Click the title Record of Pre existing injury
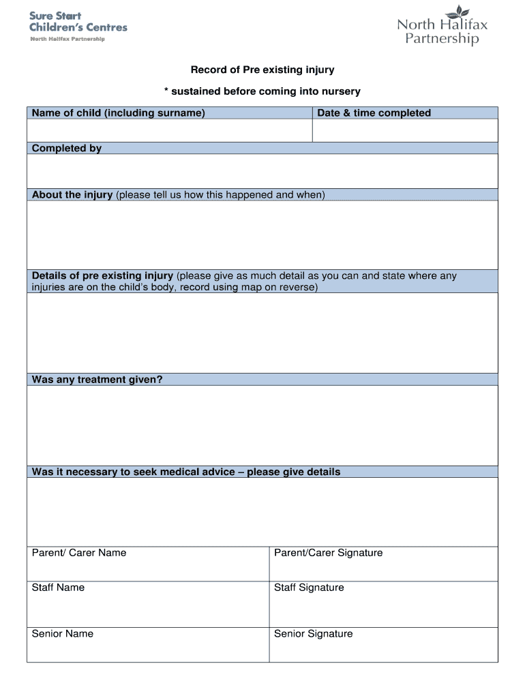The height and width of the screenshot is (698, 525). [x=262, y=70]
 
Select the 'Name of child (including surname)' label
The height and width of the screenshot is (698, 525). [x=118, y=113]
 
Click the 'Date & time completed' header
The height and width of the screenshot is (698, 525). [x=374, y=113]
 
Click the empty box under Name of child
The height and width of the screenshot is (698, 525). [x=169, y=130]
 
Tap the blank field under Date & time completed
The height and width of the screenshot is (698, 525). [x=405, y=130]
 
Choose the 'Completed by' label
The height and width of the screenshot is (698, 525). [x=67, y=149]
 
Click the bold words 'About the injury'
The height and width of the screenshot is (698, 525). [x=72, y=195]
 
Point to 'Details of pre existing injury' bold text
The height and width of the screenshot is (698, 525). [x=102, y=276]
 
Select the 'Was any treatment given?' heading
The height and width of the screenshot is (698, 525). [x=97, y=380]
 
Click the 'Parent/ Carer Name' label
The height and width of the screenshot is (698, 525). [x=79, y=553]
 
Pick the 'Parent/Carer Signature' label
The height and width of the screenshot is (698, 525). [x=328, y=553]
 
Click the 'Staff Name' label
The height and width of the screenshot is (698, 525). [x=58, y=588]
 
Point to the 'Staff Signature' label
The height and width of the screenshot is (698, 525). [x=309, y=588]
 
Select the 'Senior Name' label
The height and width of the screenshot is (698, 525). [x=63, y=634]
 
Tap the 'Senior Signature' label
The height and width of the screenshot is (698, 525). [x=313, y=634]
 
